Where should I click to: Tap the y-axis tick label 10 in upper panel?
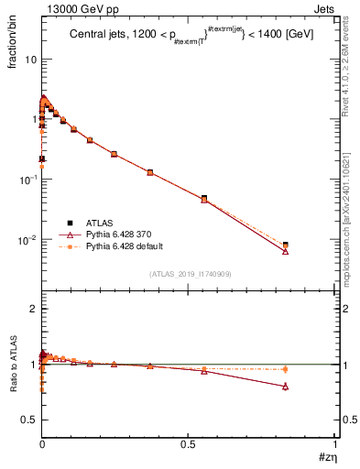point(28,59)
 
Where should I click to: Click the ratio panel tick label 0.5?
point(28,420)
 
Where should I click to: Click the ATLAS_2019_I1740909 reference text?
point(189,274)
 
